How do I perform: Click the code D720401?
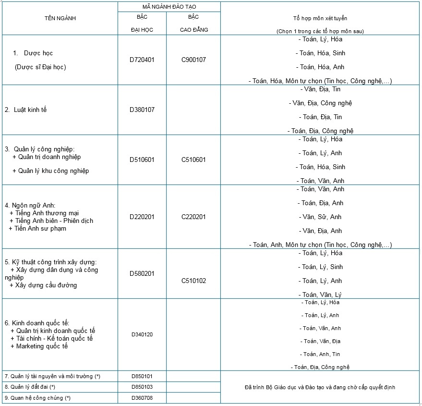coord(142,60)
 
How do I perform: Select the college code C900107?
coord(193,60)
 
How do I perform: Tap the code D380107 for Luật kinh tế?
coord(142,110)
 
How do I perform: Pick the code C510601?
coord(193,160)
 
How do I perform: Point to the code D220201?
coord(142,217)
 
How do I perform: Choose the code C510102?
coord(193,281)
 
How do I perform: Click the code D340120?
coord(142,334)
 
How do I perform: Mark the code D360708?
coord(142,398)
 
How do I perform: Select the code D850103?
coord(142,387)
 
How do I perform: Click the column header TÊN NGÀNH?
coord(60,18)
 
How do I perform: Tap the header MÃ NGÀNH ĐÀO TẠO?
coord(169,7)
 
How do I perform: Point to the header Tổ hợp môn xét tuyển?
coord(320,18)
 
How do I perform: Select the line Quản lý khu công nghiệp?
coord(51,171)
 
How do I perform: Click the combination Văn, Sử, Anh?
coord(320,217)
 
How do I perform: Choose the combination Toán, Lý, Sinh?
coord(320,267)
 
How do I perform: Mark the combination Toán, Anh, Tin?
coord(320,354)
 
